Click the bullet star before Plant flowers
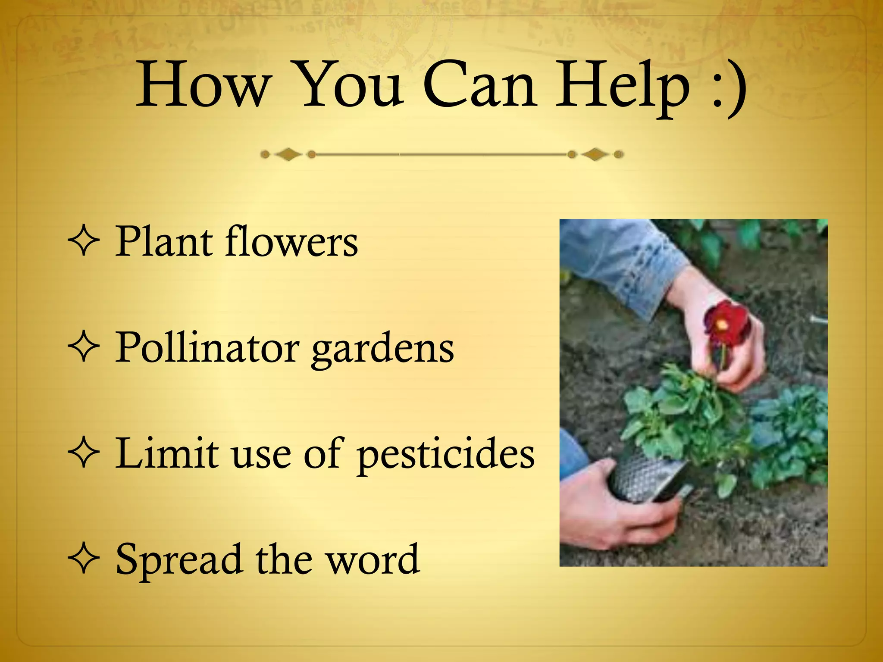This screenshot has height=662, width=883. [x=84, y=242]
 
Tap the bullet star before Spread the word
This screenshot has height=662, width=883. [x=84, y=559]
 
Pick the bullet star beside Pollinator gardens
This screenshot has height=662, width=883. [x=84, y=348]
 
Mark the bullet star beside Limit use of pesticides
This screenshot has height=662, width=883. [x=84, y=454]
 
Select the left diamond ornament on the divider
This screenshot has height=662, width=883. [x=288, y=154]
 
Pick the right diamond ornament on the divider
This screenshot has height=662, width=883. [x=595, y=154]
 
